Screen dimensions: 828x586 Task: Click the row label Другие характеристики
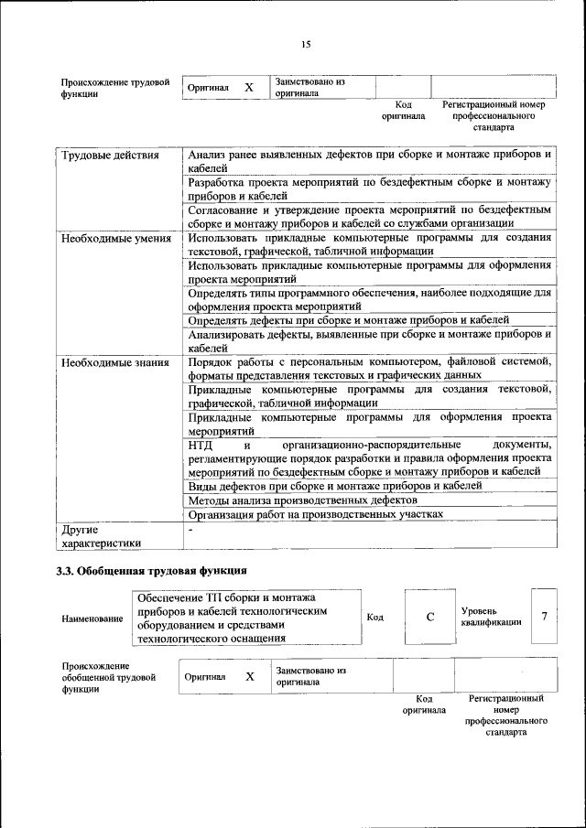96,536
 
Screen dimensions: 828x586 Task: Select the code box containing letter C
429,617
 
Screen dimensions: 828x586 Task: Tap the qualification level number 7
544,616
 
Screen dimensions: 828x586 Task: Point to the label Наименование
92,619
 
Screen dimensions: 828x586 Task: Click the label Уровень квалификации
491,616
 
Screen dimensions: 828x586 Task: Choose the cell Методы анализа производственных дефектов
303,500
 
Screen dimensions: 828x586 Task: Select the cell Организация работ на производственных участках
316,515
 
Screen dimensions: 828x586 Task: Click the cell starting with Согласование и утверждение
369,216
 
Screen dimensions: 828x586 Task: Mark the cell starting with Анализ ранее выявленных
369,162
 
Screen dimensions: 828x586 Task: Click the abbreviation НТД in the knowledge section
201,445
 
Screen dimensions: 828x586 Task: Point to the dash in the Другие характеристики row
190,530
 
